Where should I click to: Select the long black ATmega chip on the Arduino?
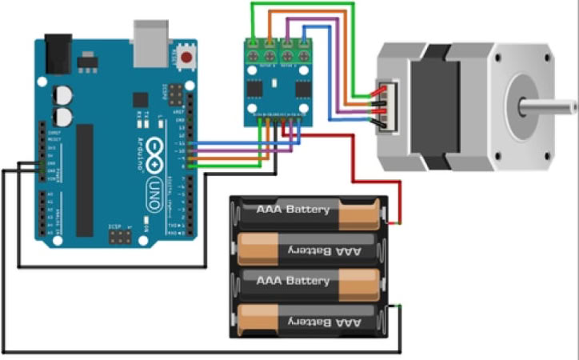85,180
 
